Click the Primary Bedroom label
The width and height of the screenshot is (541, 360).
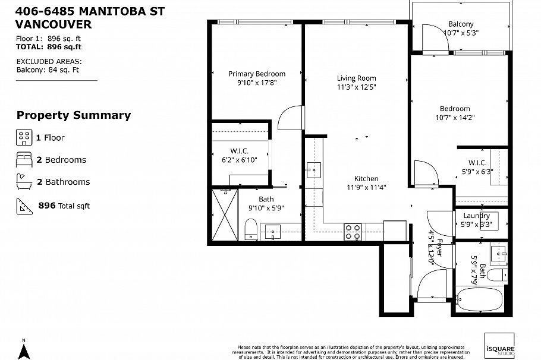click(257, 74)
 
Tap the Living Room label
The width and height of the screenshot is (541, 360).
click(356, 78)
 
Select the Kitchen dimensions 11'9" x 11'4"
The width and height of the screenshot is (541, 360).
click(366, 188)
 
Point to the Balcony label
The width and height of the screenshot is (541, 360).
click(461, 24)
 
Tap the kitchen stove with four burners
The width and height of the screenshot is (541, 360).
click(353, 231)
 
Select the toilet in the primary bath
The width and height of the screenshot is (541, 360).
click(250, 229)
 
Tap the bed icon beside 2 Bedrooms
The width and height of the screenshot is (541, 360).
click(23, 160)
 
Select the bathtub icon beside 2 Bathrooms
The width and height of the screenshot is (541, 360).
click(23, 182)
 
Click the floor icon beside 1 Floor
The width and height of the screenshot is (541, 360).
click(23, 138)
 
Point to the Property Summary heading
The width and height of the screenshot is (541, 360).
click(73, 115)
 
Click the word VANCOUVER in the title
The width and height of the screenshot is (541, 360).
click(54, 24)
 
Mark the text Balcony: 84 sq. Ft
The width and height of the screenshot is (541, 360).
click(47, 69)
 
